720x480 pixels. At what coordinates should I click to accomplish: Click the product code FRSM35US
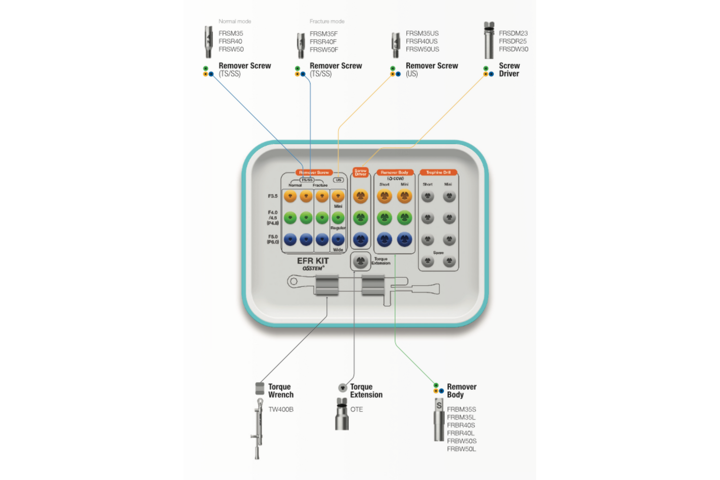(x=422, y=33)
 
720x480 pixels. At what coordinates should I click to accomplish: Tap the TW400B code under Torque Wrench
(x=281, y=409)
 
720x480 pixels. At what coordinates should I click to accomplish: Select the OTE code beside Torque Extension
(x=356, y=409)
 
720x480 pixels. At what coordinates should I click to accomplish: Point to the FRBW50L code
(x=461, y=449)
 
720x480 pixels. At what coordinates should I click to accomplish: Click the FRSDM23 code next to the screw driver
(x=513, y=33)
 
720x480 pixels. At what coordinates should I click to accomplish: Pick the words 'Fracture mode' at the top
(x=327, y=21)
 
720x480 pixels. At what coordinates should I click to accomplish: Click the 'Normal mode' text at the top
(x=235, y=21)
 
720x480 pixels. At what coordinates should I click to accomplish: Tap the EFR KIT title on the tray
(x=313, y=261)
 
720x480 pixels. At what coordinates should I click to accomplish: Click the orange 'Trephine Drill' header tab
(x=438, y=172)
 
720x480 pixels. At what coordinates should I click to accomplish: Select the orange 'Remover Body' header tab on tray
(x=394, y=172)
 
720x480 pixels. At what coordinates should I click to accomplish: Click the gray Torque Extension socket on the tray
(x=360, y=261)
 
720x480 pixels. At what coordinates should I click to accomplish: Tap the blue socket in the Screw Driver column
(x=360, y=239)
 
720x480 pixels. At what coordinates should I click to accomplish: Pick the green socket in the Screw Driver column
(x=360, y=218)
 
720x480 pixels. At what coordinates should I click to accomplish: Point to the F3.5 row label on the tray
(x=273, y=196)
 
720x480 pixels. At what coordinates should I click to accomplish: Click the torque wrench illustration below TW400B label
(x=258, y=429)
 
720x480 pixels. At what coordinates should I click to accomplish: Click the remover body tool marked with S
(x=439, y=420)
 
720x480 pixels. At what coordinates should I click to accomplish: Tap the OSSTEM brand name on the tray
(x=313, y=268)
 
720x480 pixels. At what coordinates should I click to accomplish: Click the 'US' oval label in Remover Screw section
(x=338, y=180)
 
